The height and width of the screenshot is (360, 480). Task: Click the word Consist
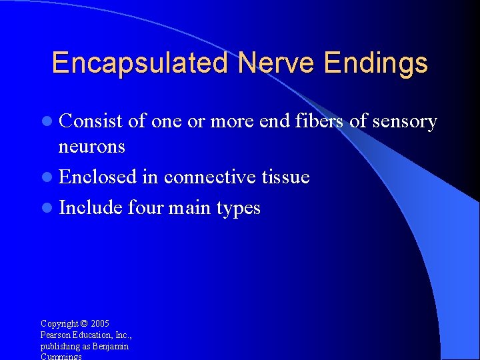91,121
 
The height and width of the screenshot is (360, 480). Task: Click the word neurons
92,147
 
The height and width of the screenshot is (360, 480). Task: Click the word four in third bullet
145,207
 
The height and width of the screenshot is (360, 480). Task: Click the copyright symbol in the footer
83,324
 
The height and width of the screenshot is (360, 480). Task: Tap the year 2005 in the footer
100,324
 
